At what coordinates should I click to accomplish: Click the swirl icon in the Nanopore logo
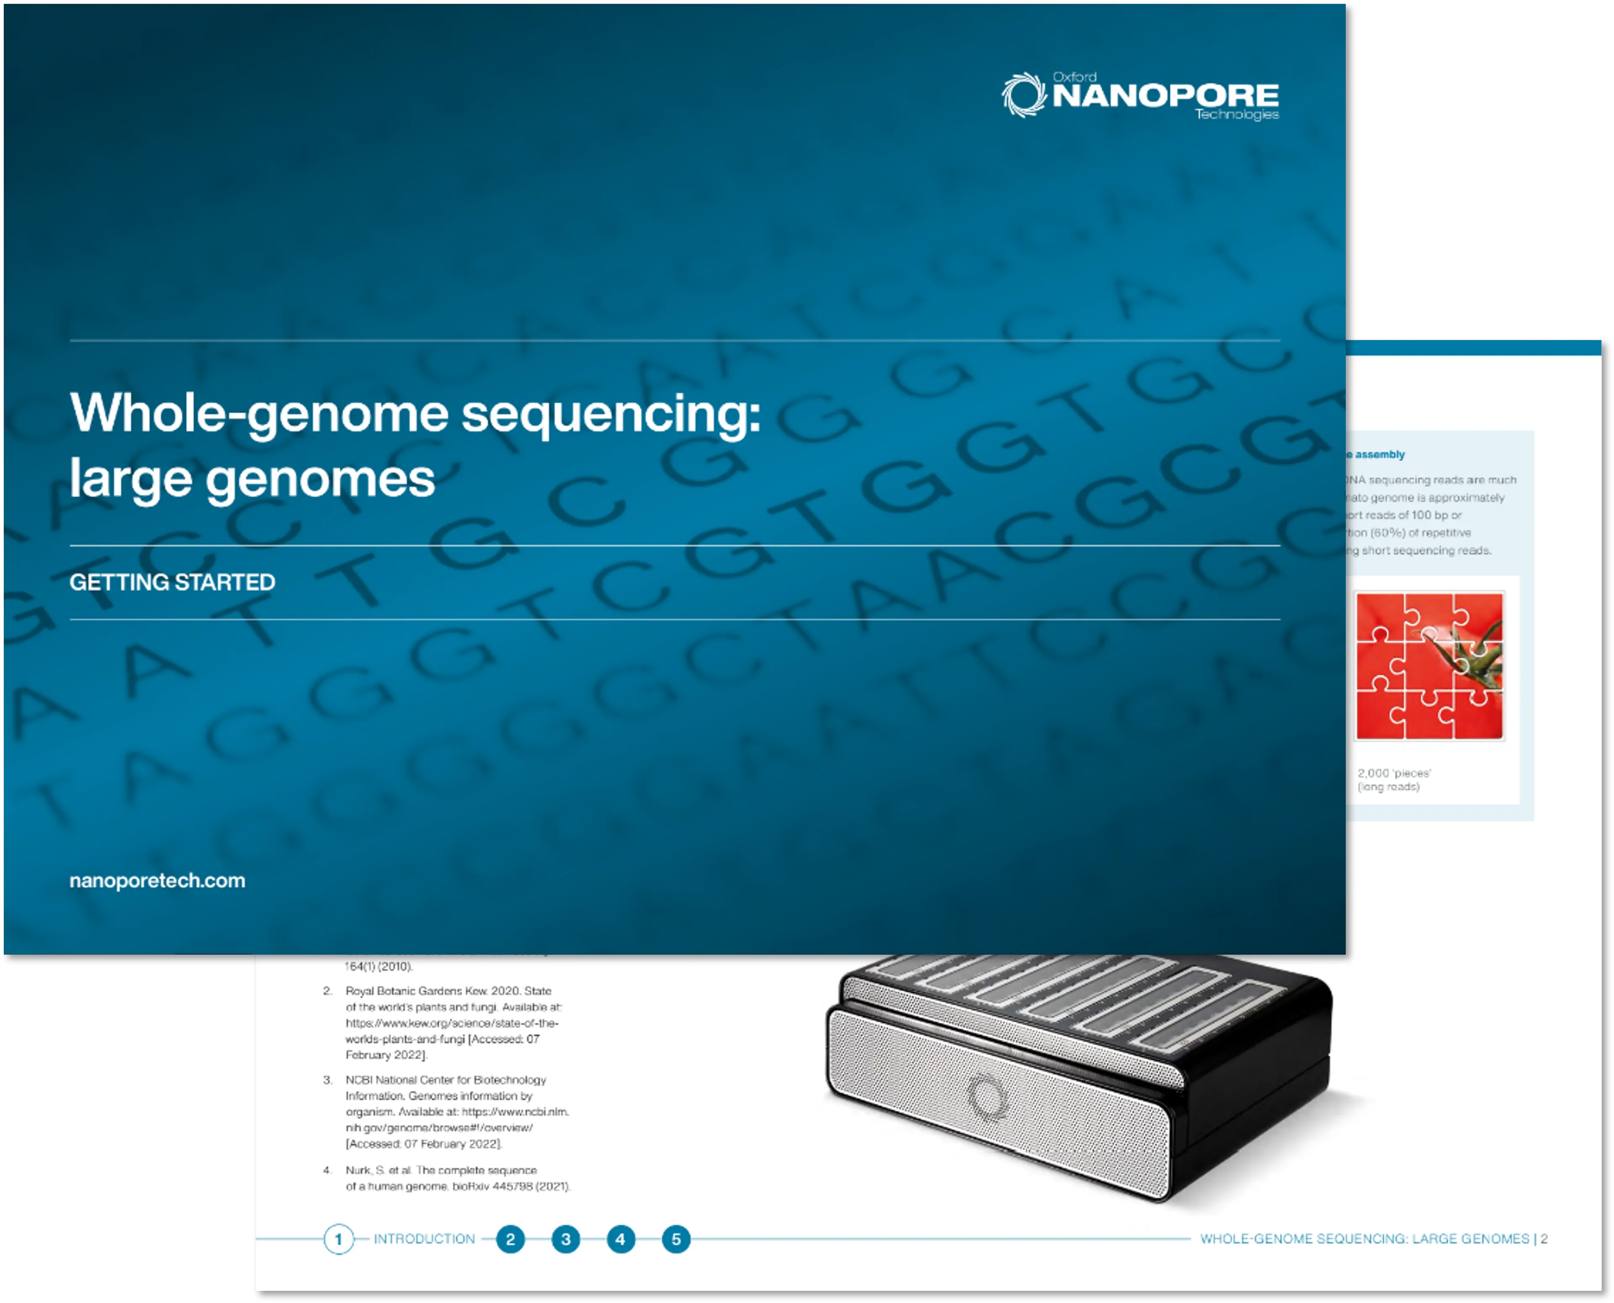pyautogui.click(x=1023, y=95)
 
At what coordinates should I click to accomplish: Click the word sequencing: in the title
pyautogui.click(x=610, y=413)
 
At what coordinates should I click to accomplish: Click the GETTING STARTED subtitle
pyautogui.click(x=172, y=582)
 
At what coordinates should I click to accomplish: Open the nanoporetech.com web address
pyautogui.click(x=157, y=880)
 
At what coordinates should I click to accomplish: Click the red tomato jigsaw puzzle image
pyautogui.click(x=1429, y=666)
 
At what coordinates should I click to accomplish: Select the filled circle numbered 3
pyautogui.click(x=565, y=1239)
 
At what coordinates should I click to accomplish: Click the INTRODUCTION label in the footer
pyautogui.click(x=424, y=1239)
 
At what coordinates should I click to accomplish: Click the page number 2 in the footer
pyautogui.click(x=1544, y=1239)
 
